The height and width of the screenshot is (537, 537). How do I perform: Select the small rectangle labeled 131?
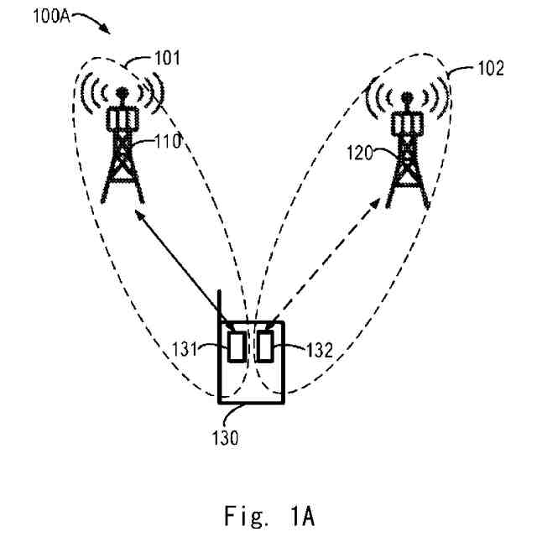(x=237, y=346)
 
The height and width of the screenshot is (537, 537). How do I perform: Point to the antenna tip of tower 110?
(x=123, y=90)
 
